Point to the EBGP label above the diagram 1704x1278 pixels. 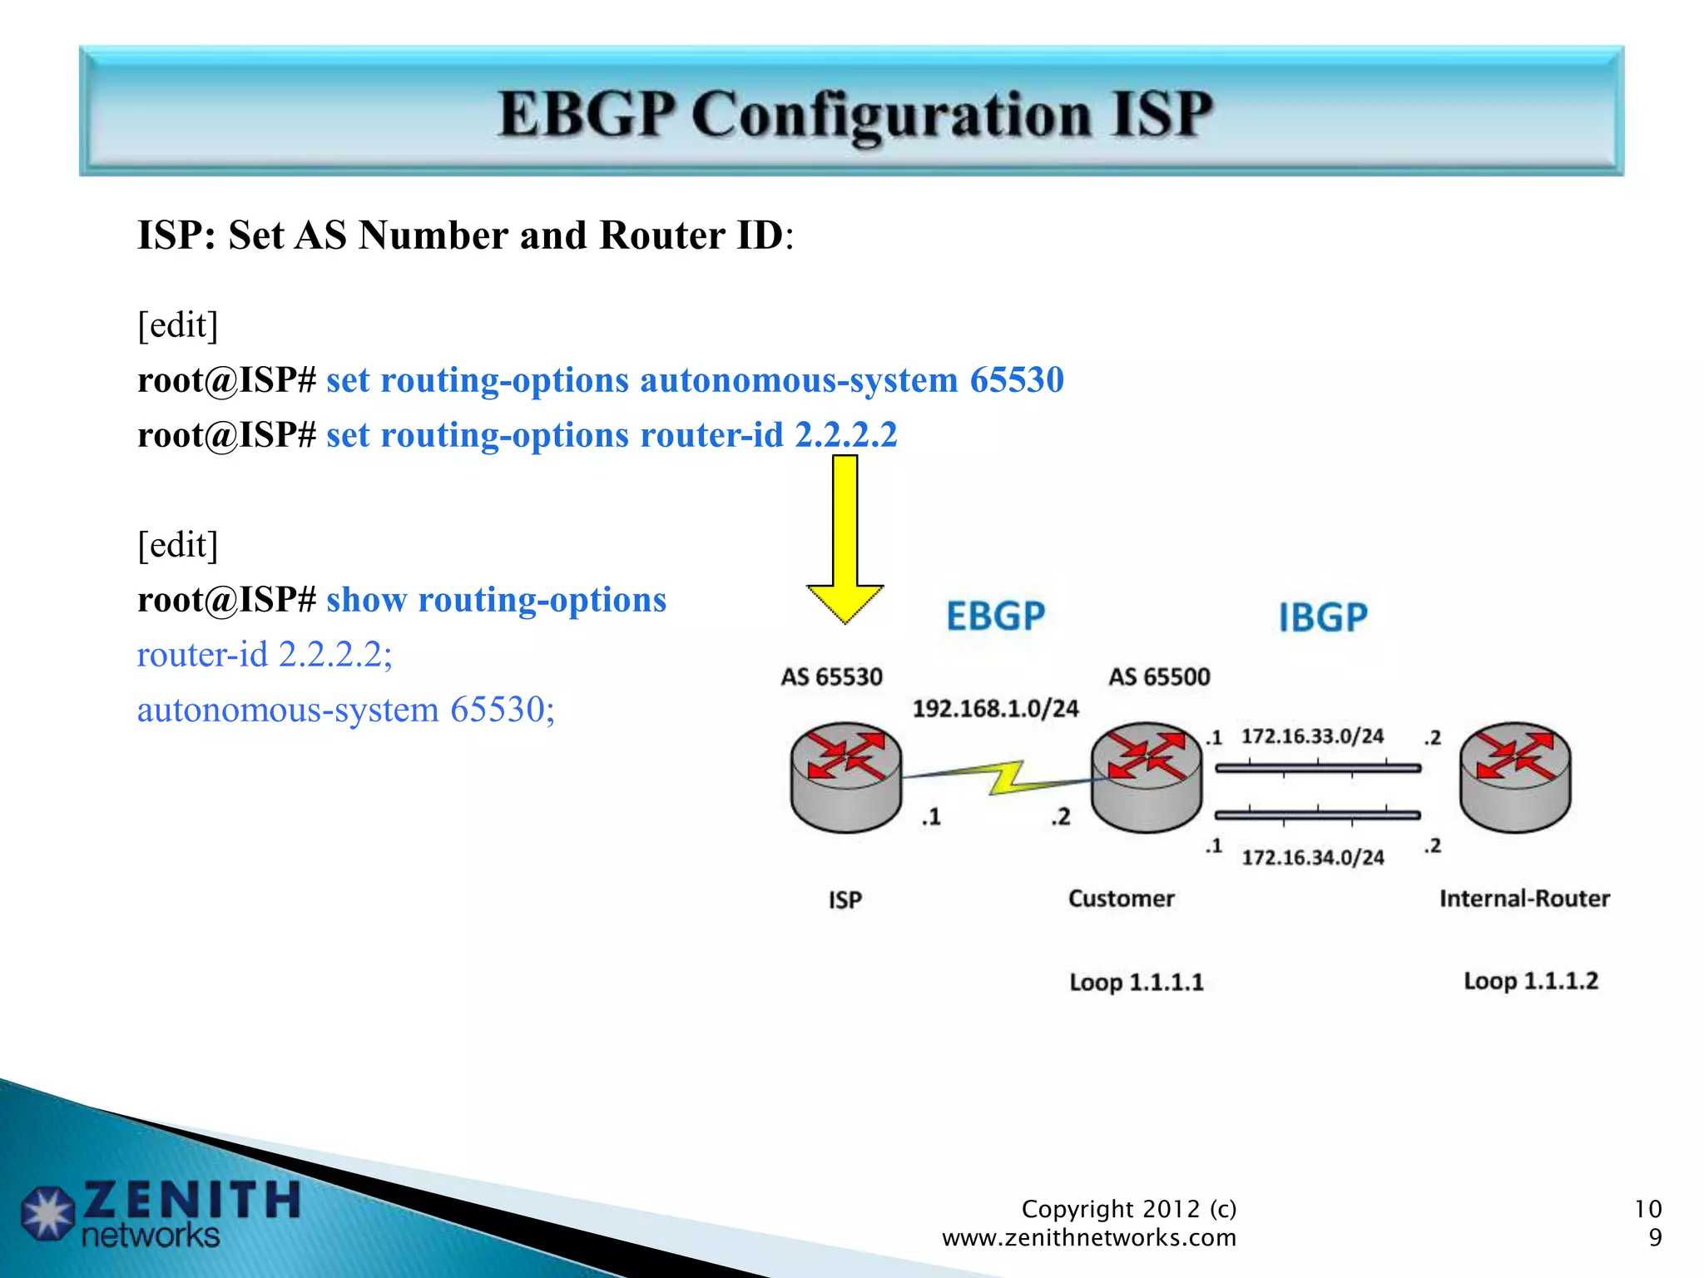pyautogui.click(x=995, y=617)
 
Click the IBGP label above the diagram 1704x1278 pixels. pyautogui.click(x=1322, y=617)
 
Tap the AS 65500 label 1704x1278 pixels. pyautogui.click(x=1159, y=676)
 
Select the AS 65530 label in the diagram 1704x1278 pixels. pyautogui.click(x=831, y=676)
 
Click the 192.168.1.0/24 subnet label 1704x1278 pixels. pyautogui.click(x=995, y=708)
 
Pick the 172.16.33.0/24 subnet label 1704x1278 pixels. pyautogui.click(x=1312, y=736)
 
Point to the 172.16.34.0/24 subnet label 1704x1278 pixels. pyautogui.click(x=1312, y=857)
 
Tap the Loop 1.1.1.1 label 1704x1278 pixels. pyautogui.click(x=1136, y=982)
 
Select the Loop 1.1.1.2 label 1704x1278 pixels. pyautogui.click(x=1530, y=980)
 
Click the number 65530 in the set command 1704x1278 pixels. pyautogui.click(x=1016, y=380)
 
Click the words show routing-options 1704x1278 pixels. pyautogui.click(x=496, y=600)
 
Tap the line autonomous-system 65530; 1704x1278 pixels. pyautogui.click(x=345, y=710)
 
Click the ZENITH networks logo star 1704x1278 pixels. pyautogui.click(x=47, y=1213)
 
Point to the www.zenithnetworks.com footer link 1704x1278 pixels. pyautogui.click(x=1088, y=1237)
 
